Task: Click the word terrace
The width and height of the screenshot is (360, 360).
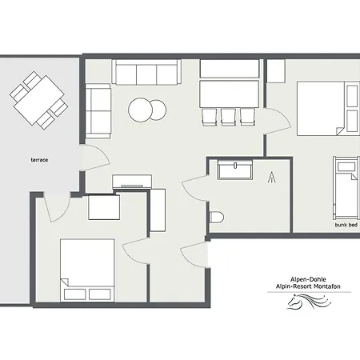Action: [x=40, y=160]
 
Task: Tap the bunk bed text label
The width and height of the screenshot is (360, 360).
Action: [x=346, y=226]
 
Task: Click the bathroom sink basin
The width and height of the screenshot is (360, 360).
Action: [x=236, y=170]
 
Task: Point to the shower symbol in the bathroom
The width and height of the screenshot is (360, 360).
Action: [x=273, y=177]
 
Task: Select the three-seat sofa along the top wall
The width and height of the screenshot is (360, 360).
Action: [x=146, y=72]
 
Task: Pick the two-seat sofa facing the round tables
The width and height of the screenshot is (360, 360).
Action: [x=99, y=111]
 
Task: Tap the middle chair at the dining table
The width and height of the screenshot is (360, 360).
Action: [x=227, y=116]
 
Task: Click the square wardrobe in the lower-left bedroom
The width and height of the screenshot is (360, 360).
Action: [x=103, y=208]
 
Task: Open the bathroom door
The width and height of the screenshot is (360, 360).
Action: [x=194, y=189]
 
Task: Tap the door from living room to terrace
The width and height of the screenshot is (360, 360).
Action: [x=94, y=158]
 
